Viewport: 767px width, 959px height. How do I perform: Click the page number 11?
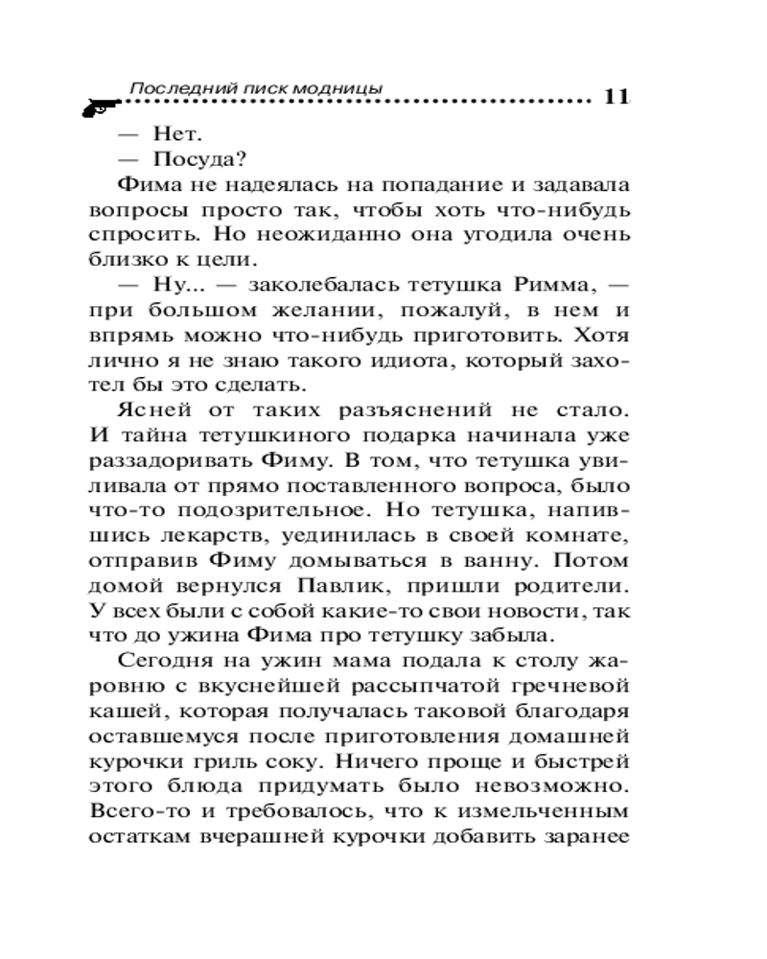pos(615,97)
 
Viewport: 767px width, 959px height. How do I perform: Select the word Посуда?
pos(188,159)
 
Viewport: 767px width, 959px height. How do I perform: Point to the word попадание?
pos(397,184)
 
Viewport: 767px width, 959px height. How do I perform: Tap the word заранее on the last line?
pos(585,835)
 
